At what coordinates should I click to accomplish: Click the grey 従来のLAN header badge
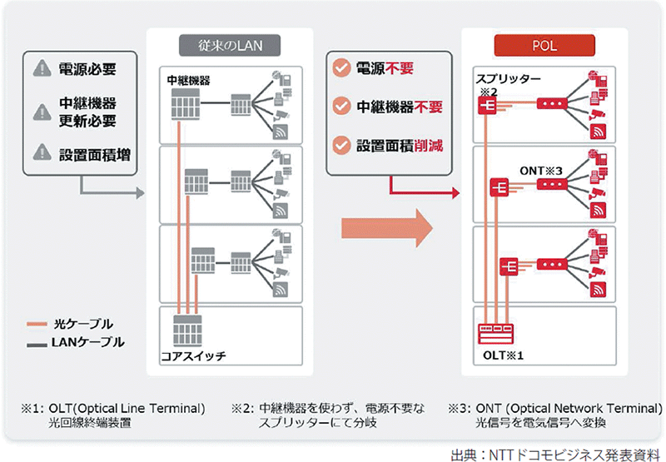(x=229, y=44)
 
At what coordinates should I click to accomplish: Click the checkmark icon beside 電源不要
(x=340, y=67)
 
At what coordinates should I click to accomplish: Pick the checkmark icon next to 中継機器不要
(x=340, y=107)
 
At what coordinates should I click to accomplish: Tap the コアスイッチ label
(x=194, y=355)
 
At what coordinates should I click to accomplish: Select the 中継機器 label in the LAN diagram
(x=188, y=81)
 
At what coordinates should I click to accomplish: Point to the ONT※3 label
(x=543, y=169)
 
